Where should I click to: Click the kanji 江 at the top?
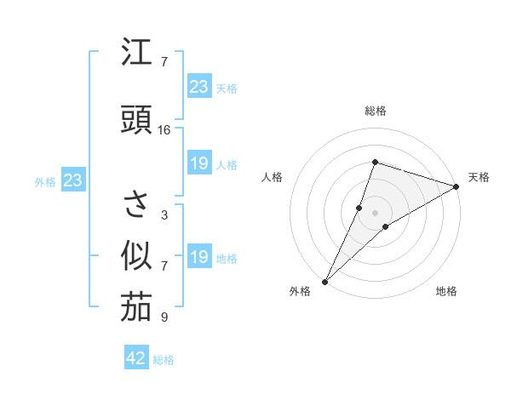pyautogui.click(x=136, y=53)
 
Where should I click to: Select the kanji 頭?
pyautogui.click(x=136, y=119)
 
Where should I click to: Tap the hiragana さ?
pyautogui.click(x=136, y=204)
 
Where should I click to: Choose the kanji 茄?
pyautogui.click(x=136, y=307)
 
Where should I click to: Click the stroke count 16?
pyautogui.click(x=164, y=129)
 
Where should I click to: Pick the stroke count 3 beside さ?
pyautogui.click(x=164, y=214)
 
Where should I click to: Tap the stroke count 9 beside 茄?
pyautogui.click(x=164, y=317)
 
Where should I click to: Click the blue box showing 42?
pyautogui.click(x=136, y=358)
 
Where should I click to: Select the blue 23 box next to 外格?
pyautogui.click(x=72, y=180)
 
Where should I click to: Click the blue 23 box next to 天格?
pyautogui.click(x=198, y=87)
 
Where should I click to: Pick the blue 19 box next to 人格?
pyautogui.click(x=198, y=163)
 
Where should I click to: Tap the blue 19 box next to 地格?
pyautogui.click(x=198, y=257)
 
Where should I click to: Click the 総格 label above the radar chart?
pyautogui.click(x=375, y=111)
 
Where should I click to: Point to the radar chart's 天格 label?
pyautogui.click(x=479, y=177)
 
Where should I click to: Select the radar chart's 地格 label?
pyautogui.click(x=446, y=291)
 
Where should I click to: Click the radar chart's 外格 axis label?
pyautogui.click(x=301, y=291)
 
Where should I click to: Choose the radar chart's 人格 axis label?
pyautogui.click(x=272, y=177)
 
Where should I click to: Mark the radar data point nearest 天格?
pyautogui.click(x=456, y=186)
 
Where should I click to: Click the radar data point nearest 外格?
pyautogui.click(x=324, y=281)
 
